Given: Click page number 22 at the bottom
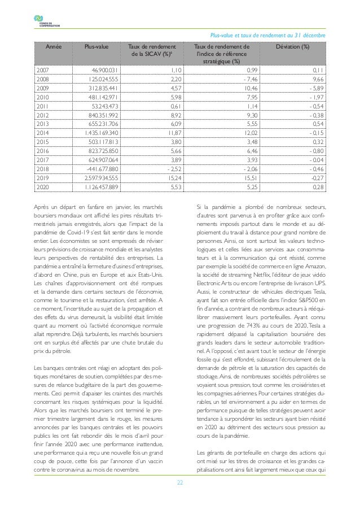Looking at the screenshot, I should coord(179,482).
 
